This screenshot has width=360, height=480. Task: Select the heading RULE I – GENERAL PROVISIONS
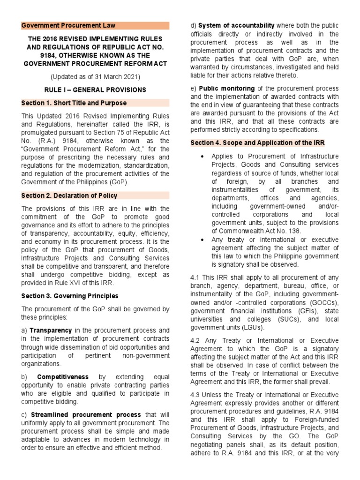pos(96,90)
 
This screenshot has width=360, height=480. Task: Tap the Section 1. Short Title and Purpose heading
pos(74,103)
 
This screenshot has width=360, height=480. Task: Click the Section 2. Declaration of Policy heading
pos(69,195)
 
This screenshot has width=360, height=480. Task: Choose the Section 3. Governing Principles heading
pos(70,296)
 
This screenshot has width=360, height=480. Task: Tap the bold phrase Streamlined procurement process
pos(86,414)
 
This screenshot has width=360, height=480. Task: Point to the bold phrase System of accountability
pos(236,25)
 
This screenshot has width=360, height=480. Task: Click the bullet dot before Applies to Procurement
pos(202,156)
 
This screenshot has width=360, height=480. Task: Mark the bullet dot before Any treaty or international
pos(202,239)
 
